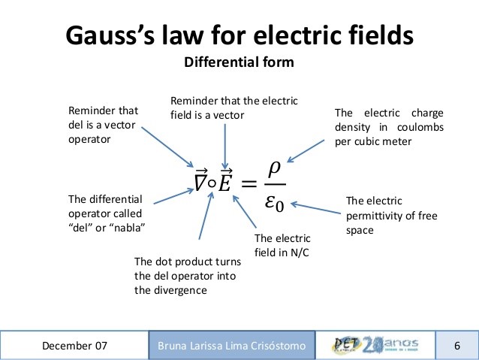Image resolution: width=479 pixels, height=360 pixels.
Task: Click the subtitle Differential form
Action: (239, 62)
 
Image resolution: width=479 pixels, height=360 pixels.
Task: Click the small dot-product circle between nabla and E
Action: (213, 181)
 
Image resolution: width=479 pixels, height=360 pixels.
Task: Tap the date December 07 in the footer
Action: (74, 346)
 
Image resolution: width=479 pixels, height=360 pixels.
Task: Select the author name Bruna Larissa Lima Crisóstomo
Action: (232, 346)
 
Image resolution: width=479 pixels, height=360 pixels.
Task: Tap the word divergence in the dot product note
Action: (161, 290)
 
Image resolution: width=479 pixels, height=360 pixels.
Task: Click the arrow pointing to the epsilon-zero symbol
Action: (315, 204)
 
